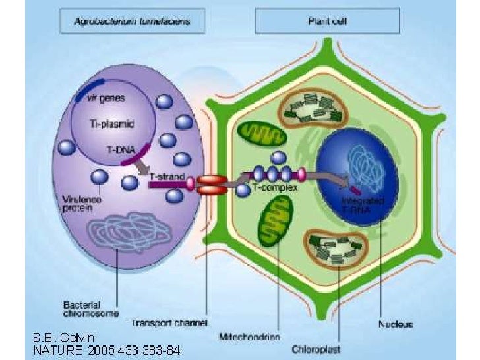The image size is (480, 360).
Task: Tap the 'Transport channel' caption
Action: pyautogui.click(x=179, y=323)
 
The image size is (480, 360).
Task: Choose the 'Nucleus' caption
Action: pyautogui.click(x=396, y=324)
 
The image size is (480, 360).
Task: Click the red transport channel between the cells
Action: pyautogui.click(x=212, y=184)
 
